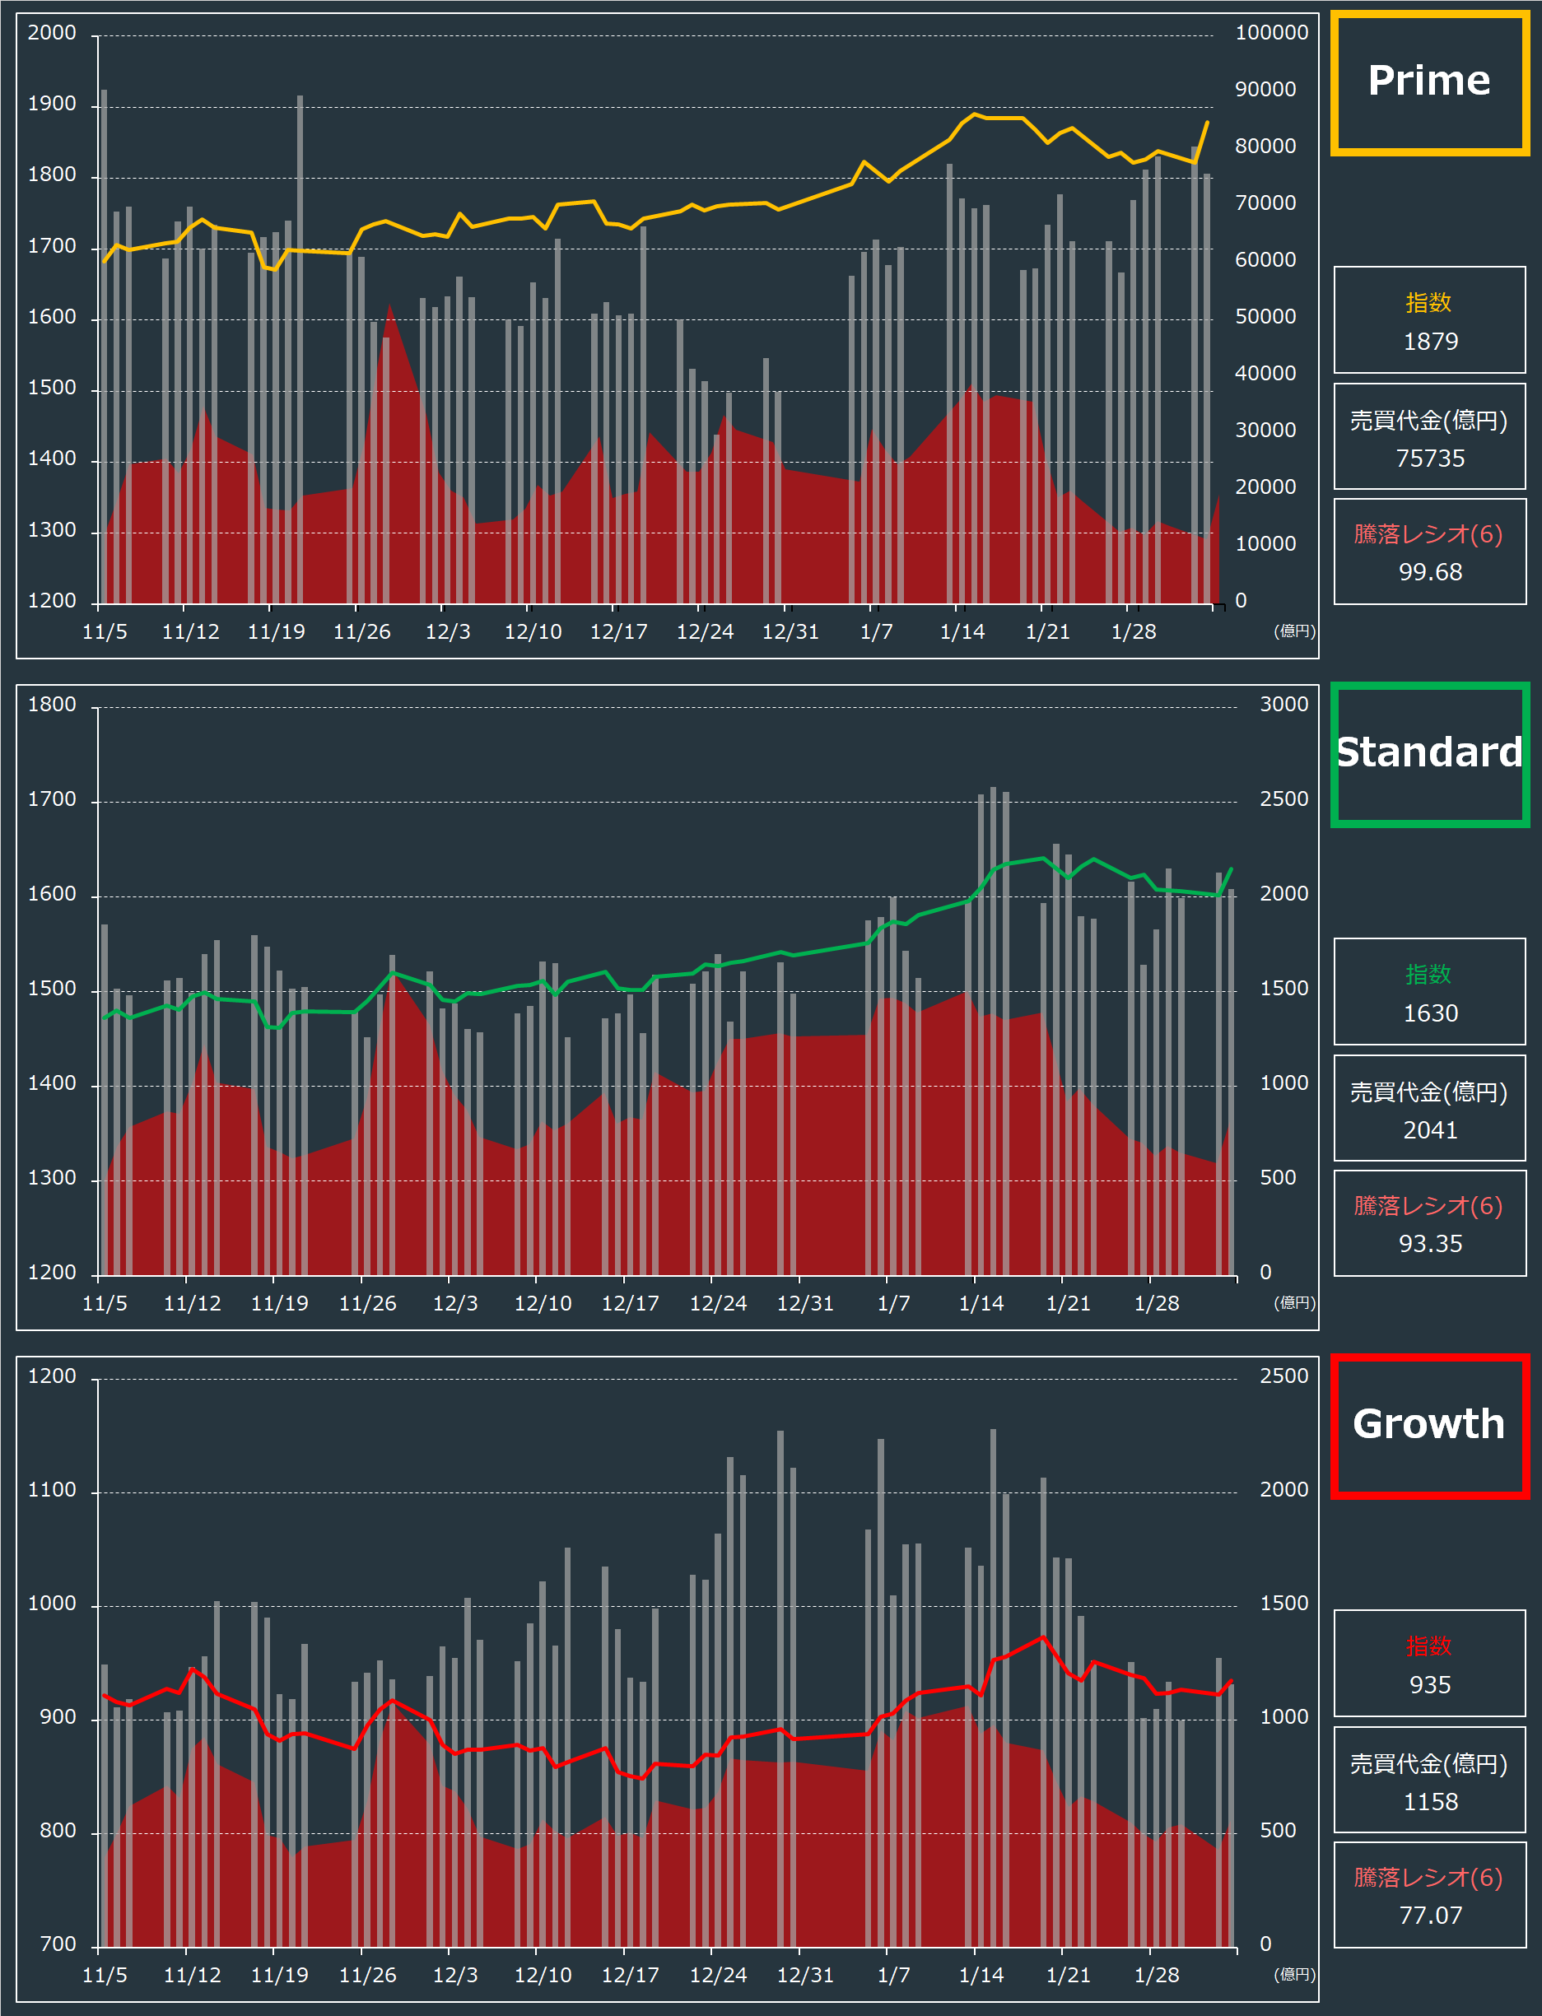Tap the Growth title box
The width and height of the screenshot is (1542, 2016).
(1429, 1425)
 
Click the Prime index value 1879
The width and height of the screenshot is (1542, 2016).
(1430, 342)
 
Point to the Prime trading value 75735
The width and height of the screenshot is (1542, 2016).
(1430, 458)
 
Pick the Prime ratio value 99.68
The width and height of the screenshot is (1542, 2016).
(1430, 571)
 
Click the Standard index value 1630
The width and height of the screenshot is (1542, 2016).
(1430, 1013)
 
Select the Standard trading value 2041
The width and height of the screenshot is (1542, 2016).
(1430, 1129)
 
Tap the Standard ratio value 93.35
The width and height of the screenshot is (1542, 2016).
(1430, 1243)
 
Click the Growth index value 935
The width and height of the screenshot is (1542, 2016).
(1430, 1685)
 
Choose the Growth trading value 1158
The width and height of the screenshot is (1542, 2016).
(1430, 1801)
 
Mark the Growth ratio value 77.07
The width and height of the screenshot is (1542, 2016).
(1430, 1915)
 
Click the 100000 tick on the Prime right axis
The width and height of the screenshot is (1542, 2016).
(1271, 33)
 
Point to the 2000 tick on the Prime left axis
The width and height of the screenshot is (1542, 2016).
(51, 33)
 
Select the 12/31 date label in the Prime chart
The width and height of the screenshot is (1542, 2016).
(790, 632)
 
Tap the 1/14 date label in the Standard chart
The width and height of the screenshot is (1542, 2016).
(981, 1304)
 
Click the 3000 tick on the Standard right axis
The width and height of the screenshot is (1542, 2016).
(1283, 705)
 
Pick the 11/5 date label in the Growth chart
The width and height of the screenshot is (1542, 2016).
(105, 1976)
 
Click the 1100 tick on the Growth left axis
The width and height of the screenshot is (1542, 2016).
(51, 1490)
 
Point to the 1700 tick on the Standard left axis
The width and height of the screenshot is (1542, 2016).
(51, 800)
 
